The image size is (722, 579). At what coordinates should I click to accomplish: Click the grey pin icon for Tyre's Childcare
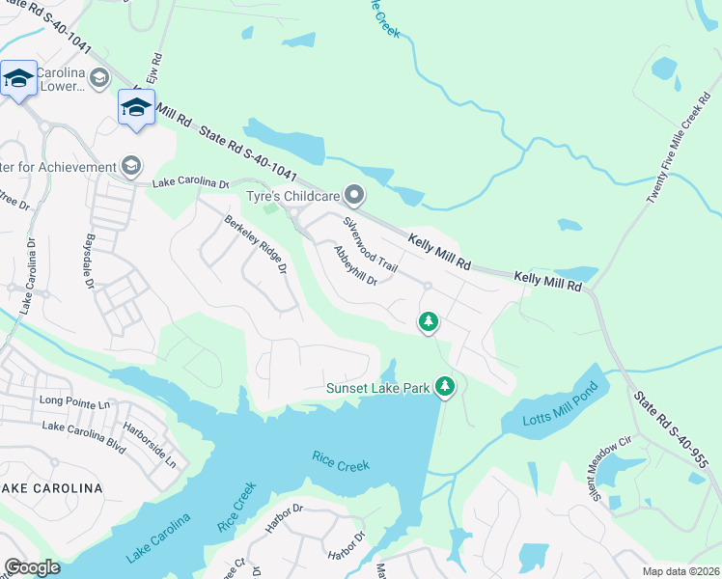coord(354,196)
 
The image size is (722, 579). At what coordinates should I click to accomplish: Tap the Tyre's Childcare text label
coord(292,197)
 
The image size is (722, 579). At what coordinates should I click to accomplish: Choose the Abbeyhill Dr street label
coord(353,265)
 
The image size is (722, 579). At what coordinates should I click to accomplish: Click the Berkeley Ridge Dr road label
coord(257,245)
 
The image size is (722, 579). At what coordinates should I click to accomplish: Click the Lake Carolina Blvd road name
coord(85,426)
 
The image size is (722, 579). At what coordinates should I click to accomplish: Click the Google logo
coord(32,566)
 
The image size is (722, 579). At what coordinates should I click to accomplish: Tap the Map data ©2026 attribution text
coord(680,571)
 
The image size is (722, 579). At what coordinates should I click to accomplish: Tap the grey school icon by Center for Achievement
coord(129,167)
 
